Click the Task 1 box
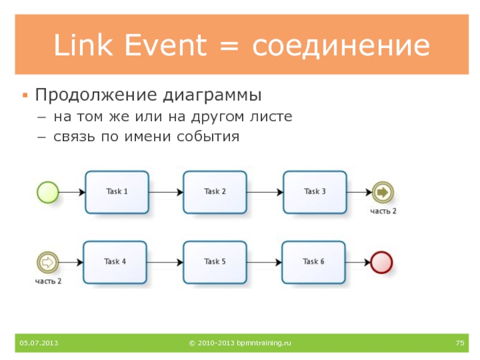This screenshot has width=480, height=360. tap(117, 192)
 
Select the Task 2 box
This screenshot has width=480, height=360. tap(215, 192)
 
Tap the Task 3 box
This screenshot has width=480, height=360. tap(315, 192)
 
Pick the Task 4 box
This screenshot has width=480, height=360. tap(115, 262)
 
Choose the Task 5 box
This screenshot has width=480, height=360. tap(215, 262)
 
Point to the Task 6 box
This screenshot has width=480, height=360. tap(313, 262)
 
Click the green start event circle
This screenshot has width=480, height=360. tap(48, 193)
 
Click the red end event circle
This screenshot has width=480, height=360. tap(382, 262)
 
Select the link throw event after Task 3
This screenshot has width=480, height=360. tap(382, 193)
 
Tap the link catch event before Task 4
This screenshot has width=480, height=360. tap(48, 262)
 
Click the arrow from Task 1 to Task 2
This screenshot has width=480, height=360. tap(166, 193)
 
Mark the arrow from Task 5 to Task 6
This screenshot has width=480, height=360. tap(264, 262)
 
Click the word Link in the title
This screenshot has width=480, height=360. tap(79, 46)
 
